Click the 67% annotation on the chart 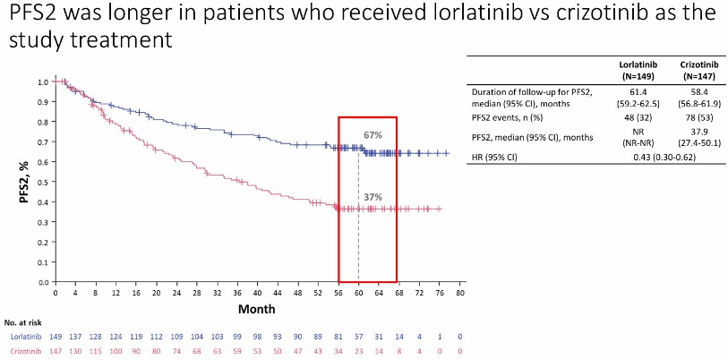(373, 135)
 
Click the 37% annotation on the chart (373, 197)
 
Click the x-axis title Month (256, 308)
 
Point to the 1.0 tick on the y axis (42, 81)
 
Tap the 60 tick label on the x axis (358, 292)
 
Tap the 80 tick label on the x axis (459, 292)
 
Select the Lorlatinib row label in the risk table (29, 337)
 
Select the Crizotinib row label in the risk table (29, 352)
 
